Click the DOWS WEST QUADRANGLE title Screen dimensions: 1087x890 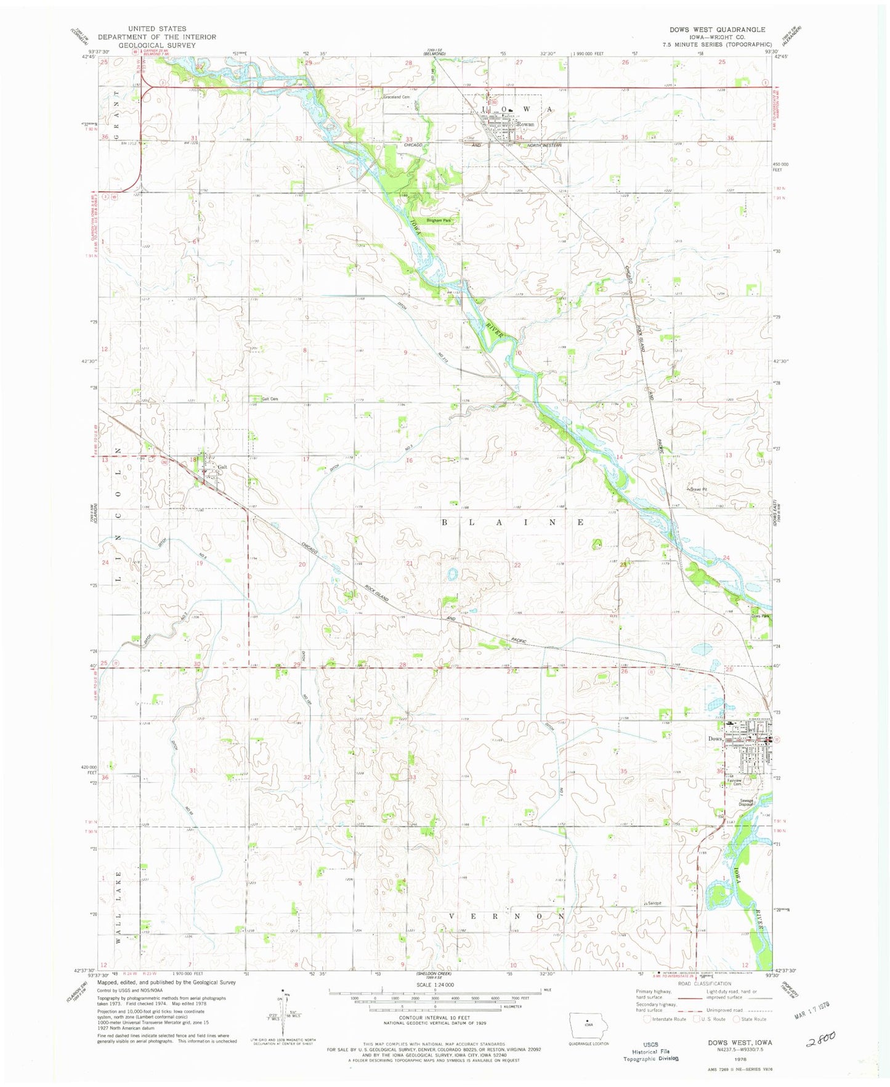[x=718, y=30]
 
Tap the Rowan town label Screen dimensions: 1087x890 [x=525, y=124]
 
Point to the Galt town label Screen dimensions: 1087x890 [x=222, y=467]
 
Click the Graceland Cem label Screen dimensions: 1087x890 [x=396, y=97]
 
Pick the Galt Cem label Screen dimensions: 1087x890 [x=270, y=399]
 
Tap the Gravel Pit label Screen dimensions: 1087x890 [x=698, y=490]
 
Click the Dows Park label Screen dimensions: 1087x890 [x=760, y=616]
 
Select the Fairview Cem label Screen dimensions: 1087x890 [x=734, y=781]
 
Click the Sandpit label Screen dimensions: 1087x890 [x=653, y=903]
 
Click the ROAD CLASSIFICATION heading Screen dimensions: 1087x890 [x=705, y=984]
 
